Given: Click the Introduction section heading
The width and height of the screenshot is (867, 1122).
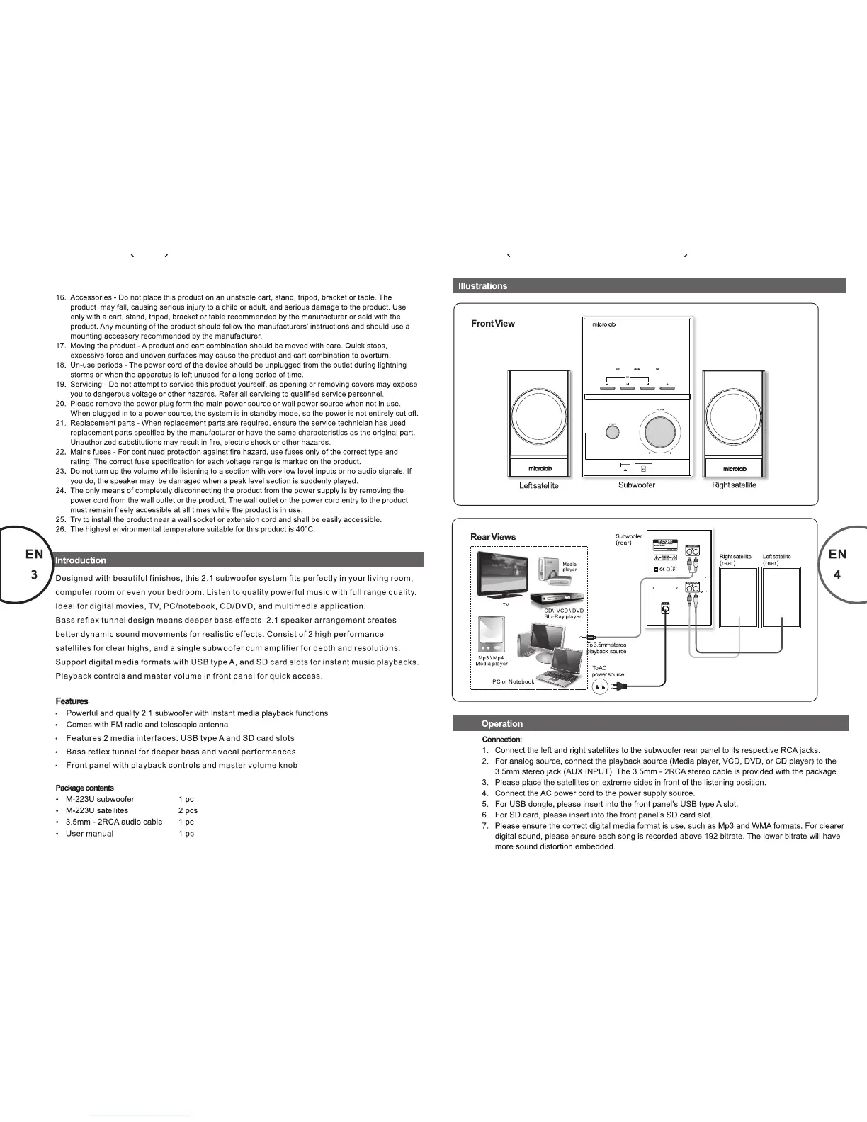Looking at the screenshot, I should coord(81,560).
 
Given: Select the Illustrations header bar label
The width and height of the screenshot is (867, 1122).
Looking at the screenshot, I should coord(482,286).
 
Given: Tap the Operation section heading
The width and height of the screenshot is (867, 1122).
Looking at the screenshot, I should coord(501,724).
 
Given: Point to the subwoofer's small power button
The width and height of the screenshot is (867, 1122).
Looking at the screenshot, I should coord(613,431).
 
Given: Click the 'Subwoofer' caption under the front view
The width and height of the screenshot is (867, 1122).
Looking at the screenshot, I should coord(636,485).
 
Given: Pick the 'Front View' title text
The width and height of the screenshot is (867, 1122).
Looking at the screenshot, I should coord(493,324).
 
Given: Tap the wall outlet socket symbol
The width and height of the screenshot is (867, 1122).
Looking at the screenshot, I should coord(601,686).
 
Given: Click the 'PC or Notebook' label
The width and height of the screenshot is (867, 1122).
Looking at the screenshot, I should coord(514,681).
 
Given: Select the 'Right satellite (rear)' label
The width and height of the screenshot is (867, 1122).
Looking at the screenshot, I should coord(735,560).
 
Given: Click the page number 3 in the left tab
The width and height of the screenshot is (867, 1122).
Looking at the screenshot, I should coord(34,575).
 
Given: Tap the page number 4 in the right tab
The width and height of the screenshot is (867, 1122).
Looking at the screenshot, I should coord(837,575).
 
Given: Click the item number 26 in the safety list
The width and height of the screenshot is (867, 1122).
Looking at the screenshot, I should coord(61,529).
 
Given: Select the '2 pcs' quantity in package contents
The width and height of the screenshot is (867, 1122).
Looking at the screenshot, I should coord(188,810).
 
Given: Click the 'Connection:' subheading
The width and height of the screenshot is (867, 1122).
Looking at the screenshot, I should coord(501,739).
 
